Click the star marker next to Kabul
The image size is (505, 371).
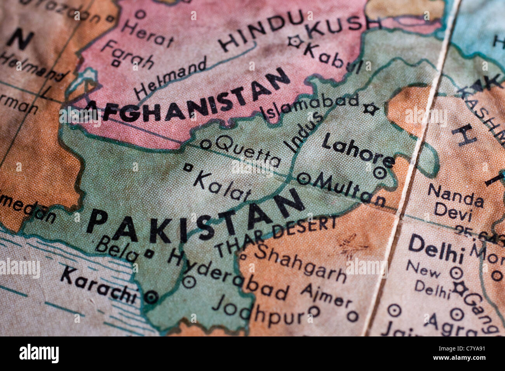coord(294,41)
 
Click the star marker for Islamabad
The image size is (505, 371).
coord(371,109)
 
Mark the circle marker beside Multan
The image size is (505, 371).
coord(303,179)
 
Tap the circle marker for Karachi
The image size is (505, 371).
coord(151,297)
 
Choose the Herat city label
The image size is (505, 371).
coord(147,33)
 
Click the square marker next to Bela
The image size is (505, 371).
coord(149,253)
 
